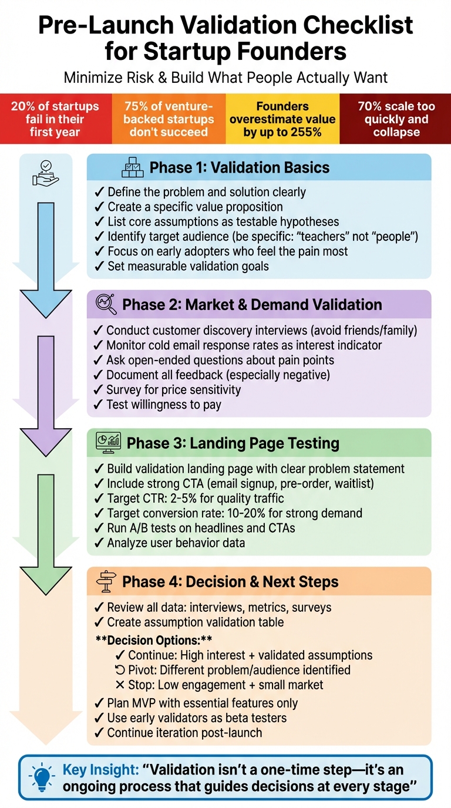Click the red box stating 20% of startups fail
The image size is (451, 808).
[x=55, y=119]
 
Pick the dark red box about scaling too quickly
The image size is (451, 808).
[x=396, y=119]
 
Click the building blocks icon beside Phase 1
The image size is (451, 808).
[x=132, y=167]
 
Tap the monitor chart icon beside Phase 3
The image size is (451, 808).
[x=108, y=442]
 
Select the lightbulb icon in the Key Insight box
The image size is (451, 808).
[x=43, y=777]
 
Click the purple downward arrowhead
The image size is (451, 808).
[x=45, y=437]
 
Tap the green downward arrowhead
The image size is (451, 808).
[x=45, y=575]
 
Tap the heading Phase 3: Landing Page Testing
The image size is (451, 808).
[x=233, y=443]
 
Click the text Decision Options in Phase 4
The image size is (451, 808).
[x=153, y=640]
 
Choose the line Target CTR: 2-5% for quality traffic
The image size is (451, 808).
[x=195, y=499]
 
